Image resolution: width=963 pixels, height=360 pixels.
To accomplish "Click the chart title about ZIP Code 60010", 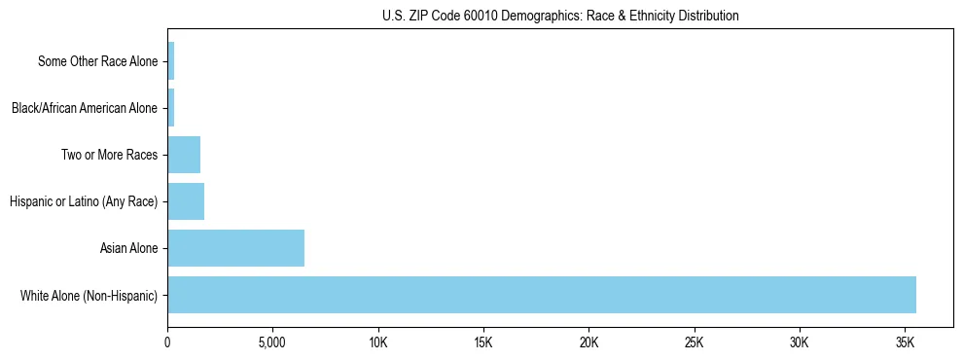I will (560, 16).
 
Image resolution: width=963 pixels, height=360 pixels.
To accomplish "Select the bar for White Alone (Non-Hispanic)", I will (542, 295).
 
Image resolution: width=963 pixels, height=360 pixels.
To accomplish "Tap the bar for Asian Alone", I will (235, 248).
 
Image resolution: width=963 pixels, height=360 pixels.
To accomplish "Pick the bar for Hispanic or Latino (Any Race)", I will (186, 201).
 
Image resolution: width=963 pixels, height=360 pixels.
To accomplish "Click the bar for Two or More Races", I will (184, 155).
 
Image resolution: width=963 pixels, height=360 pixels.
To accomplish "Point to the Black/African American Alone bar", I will (171, 108).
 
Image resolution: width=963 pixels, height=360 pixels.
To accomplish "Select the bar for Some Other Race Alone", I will (171, 61).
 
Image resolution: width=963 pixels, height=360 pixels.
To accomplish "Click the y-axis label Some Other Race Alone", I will (97, 61).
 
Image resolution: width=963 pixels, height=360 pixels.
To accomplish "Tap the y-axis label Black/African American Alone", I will (84, 108).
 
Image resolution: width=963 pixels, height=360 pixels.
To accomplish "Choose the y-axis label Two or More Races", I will (109, 155).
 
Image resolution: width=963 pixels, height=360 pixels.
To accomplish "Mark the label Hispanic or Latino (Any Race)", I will (84, 201).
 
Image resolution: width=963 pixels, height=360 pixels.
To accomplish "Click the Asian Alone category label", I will (128, 248).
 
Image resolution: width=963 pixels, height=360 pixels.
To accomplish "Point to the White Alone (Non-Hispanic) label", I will (89, 295).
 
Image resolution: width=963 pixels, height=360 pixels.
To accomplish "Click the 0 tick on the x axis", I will (167, 343).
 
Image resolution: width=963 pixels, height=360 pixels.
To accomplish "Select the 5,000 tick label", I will (272, 343).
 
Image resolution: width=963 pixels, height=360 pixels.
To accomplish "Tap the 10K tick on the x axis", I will (378, 343).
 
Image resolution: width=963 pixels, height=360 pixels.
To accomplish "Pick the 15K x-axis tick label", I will (483, 343).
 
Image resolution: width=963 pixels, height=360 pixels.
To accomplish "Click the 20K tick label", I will (588, 343).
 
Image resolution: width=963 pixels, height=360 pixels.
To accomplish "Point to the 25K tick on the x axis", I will (695, 343).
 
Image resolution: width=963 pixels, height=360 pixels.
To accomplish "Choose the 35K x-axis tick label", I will (905, 343).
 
